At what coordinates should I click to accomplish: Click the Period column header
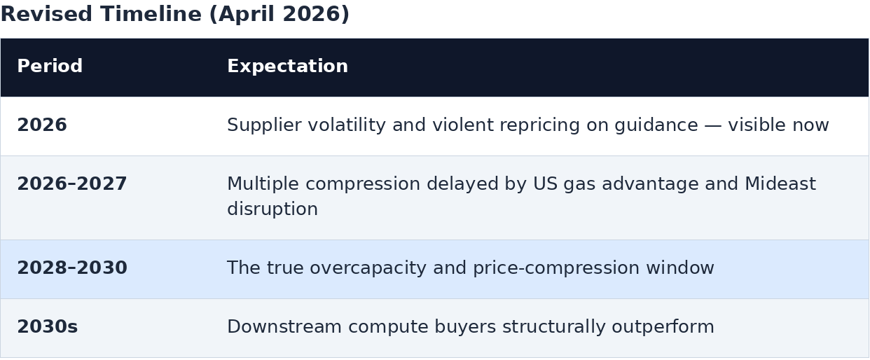(x=50, y=66)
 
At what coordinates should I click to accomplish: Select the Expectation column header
(x=287, y=67)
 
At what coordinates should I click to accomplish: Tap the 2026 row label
(x=42, y=125)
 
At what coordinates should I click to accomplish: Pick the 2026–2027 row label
(x=72, y=184)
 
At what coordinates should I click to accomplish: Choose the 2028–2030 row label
(x=72, y=268)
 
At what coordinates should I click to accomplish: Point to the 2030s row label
(x=48, y=326)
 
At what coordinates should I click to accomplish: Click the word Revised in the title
(x=46, y=14)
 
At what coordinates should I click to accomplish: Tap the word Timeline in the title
(x=151, y=14)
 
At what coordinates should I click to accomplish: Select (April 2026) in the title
(x=279, y=15)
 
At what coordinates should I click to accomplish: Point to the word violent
(x=462, y=125)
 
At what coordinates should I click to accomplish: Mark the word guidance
(x=656, y=125)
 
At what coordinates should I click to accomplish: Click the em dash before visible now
(x=713, y=125)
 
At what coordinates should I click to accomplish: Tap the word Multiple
(x=263, y=184)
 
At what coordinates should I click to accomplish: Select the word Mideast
(x=780, y=184)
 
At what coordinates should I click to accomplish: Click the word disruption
(x=272, y=209)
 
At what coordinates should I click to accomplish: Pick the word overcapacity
(x=368, y=268)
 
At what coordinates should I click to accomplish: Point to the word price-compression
(x=556, y=268)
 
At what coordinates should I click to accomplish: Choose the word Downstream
(x=284, y=326)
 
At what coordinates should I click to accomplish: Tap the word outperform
(x=663, y=327)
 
